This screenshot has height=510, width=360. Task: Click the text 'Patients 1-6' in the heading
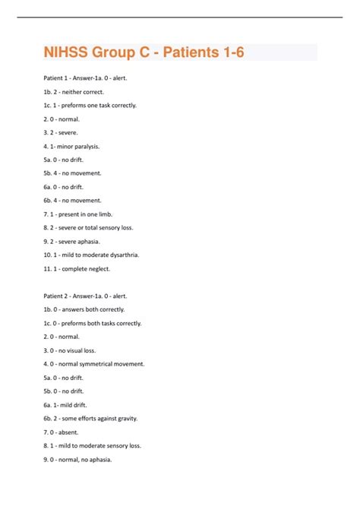pyautogui.click(x=204, y=52)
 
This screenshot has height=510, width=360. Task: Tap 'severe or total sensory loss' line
pyautogui.click(x=88, y=227)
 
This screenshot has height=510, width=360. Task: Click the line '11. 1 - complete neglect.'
pyautogui.click(x=77, y=268)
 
